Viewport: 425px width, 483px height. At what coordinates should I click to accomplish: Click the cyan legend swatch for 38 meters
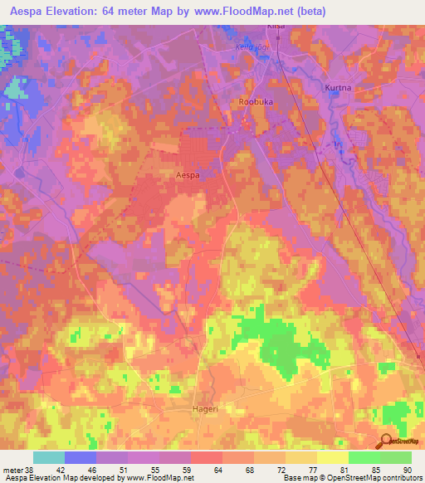tap(48, 457)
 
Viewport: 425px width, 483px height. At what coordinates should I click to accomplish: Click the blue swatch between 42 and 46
tap(81, 457)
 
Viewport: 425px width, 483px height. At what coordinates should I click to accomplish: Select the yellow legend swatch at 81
tap(333, 457)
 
